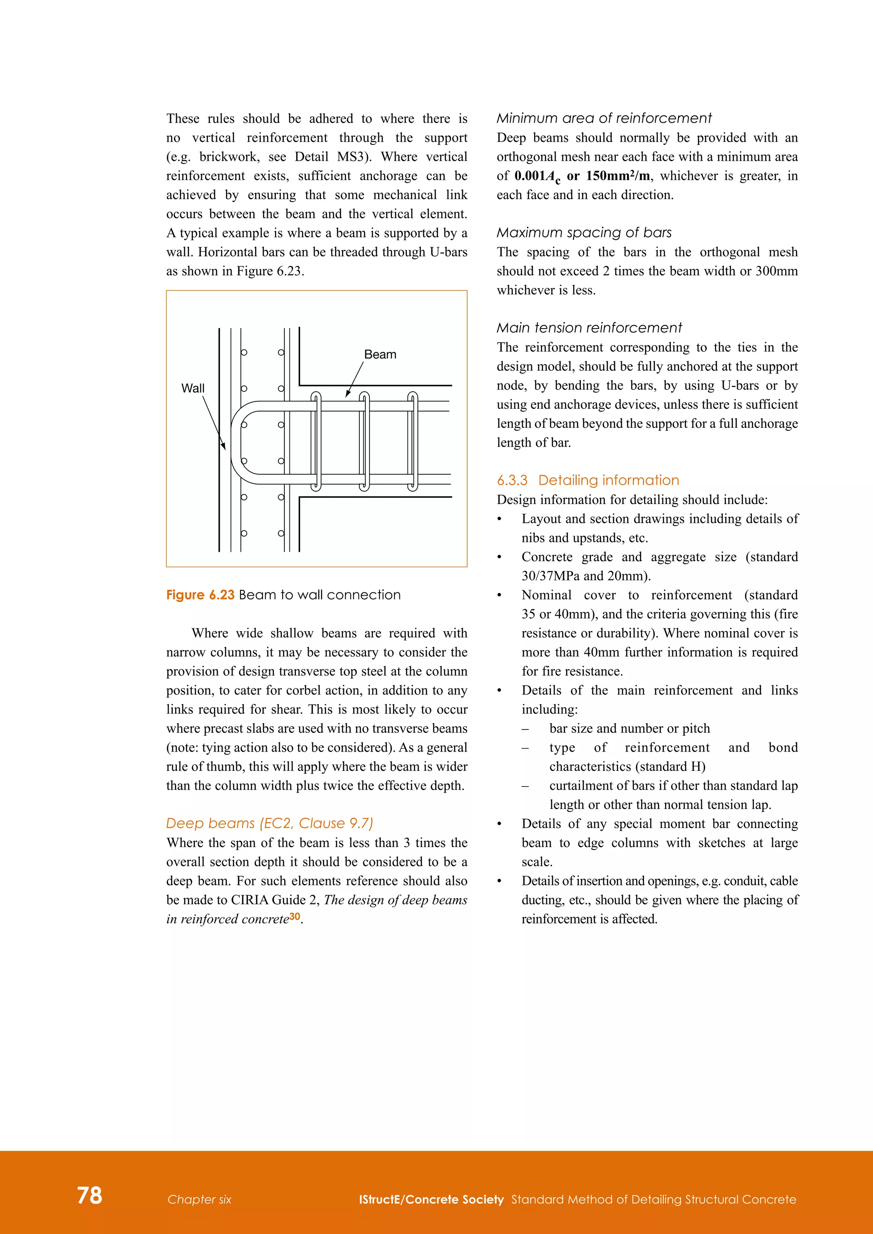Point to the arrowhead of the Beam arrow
347,395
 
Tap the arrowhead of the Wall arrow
224,447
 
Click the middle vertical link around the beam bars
364,441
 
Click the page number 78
89,1195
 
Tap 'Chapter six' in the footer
199,1199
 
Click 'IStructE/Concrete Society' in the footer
431,1199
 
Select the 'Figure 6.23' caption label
200,595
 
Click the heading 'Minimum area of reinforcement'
603,118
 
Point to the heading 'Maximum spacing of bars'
584,233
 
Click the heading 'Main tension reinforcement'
589,328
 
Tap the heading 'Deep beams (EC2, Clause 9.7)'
269,823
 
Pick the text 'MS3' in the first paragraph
350,157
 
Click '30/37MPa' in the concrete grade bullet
550,576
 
